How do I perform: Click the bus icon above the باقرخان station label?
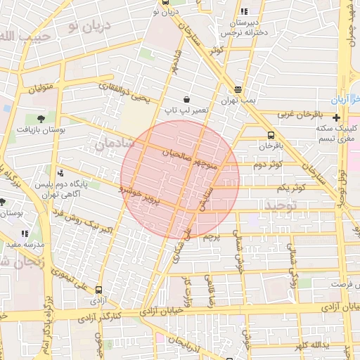(271, 135)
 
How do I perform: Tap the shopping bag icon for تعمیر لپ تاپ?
(186, 100)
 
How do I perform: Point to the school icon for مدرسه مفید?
(25, 233)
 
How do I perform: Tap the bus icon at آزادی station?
(98, 289)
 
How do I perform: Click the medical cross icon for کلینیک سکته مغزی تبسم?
(337, 117)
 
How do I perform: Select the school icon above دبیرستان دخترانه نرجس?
(244, 11)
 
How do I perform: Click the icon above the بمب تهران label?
(238, 89)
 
